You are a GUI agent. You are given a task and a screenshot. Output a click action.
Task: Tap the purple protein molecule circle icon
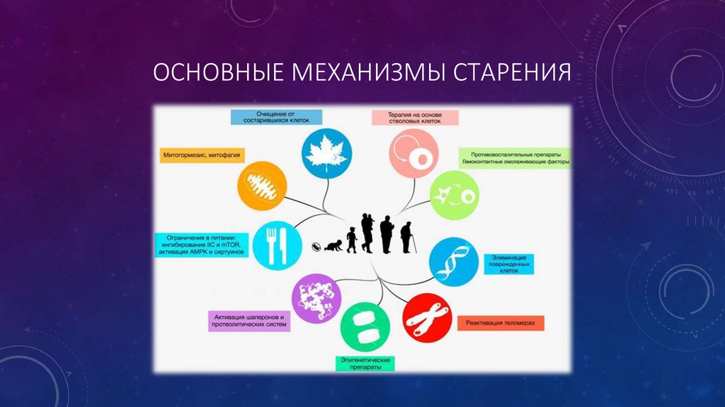[313, 299]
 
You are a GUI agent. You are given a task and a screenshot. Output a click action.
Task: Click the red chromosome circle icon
[427, 318]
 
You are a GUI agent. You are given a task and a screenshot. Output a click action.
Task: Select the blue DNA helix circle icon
[453, 262]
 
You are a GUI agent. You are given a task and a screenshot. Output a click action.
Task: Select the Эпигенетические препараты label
[364, 364]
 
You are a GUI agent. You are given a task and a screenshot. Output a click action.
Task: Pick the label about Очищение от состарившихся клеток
[276, 117]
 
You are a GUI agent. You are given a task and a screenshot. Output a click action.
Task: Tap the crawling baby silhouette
[333, 246]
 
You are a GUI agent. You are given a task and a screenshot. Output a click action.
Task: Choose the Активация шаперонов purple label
[249, 320]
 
